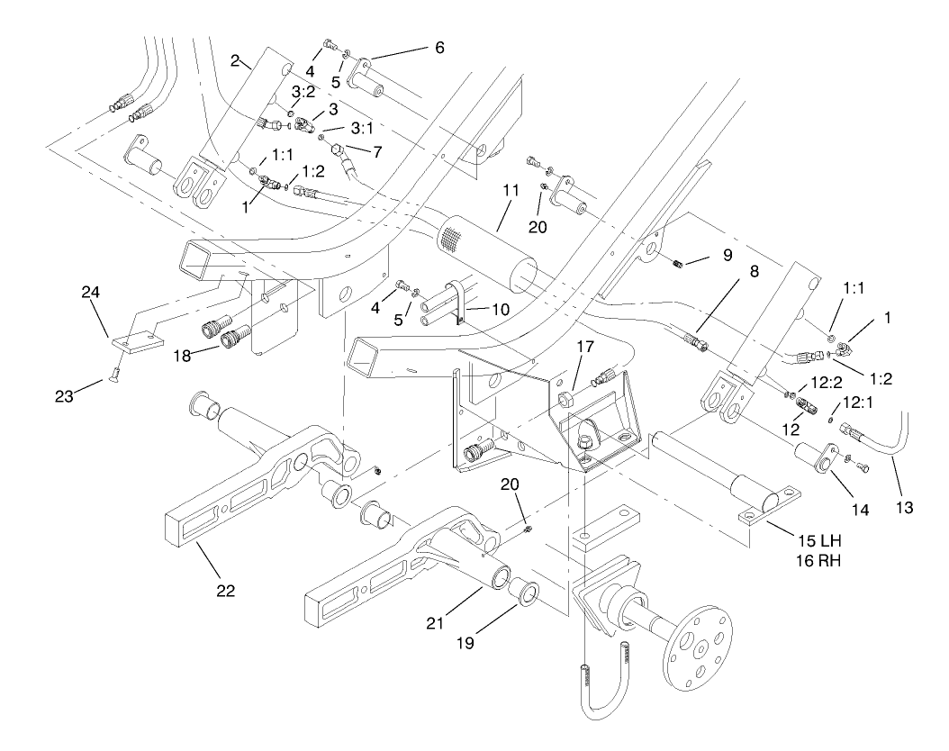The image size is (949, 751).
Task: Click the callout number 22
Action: click(x=225, y=591)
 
